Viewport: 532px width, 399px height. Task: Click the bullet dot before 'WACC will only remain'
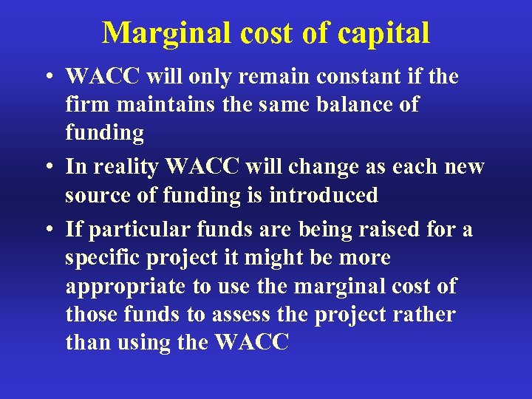pyautogui.click(x=47, y=78)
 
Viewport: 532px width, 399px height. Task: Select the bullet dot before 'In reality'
pyautogui.click(x=47, y=168)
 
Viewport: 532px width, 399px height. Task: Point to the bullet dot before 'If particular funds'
pyautogui.click(x=47, y=231)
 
